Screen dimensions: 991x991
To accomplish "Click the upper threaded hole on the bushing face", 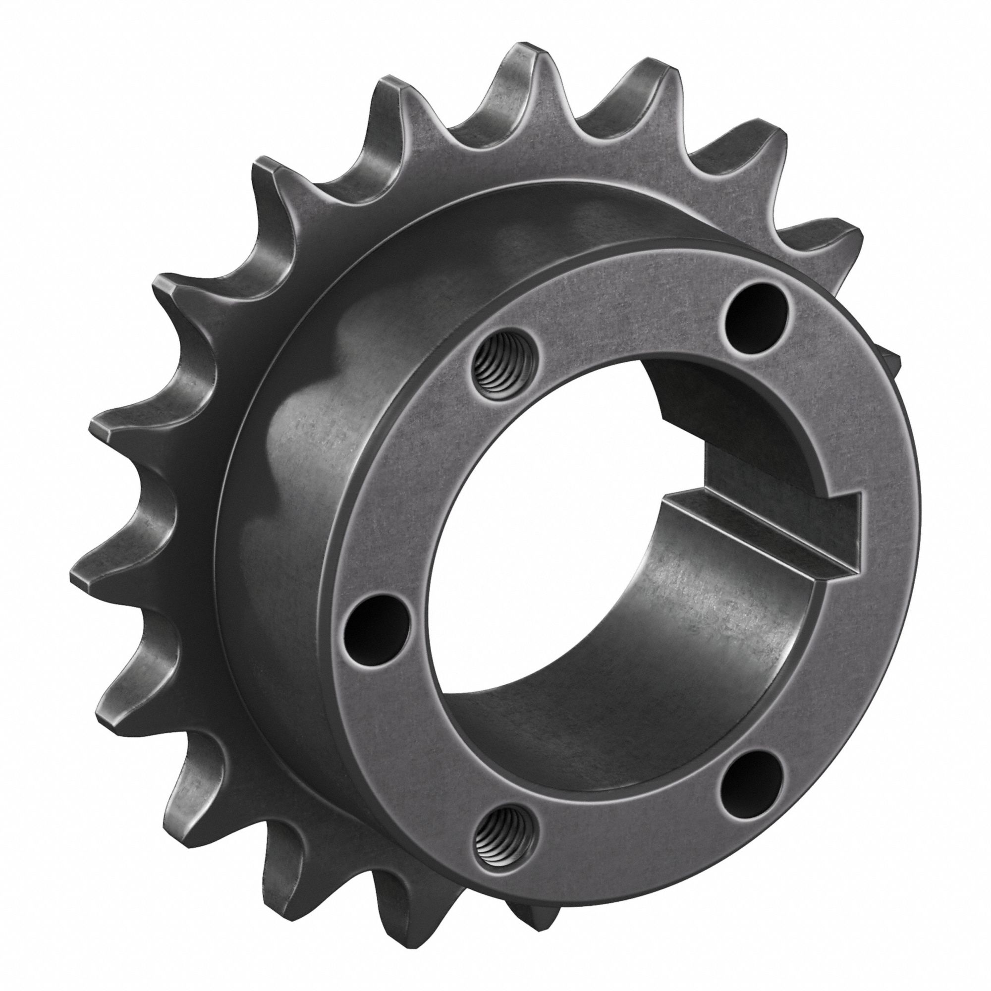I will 500,370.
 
